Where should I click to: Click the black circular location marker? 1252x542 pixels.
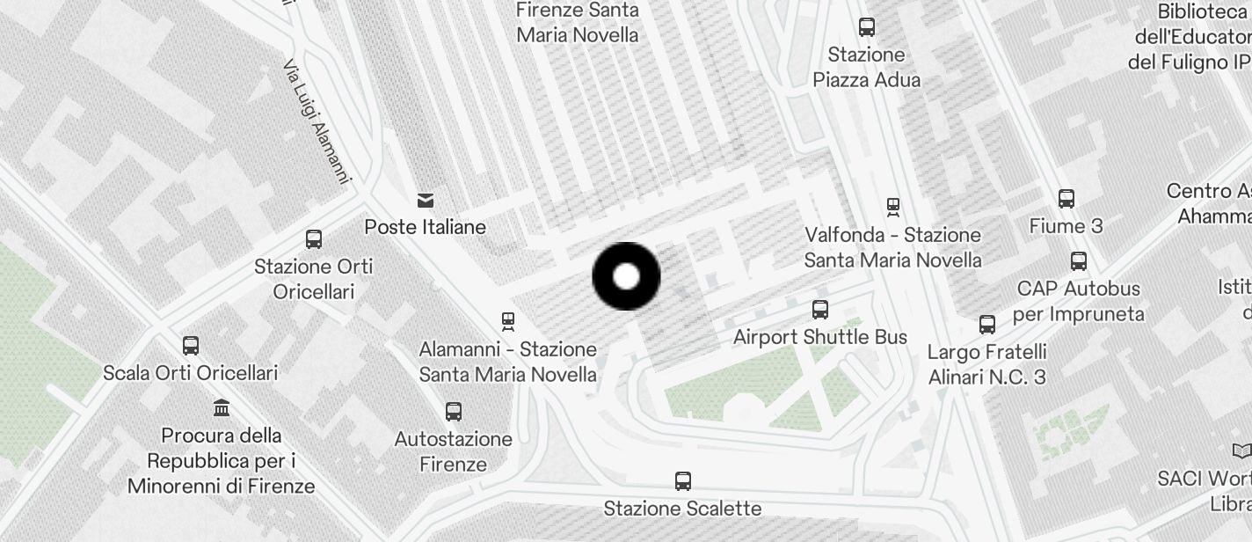tap(626, 276)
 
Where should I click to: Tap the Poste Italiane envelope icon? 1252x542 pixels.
tap(426, 201)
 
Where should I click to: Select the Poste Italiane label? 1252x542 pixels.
tap(426, 227)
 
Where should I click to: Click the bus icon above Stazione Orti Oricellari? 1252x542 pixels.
tap(314, 239)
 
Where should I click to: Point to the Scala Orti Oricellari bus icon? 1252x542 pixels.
tap(191, 346)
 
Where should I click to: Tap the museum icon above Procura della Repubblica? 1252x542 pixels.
tap(222, 408)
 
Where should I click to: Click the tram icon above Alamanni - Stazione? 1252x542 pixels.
tap(507, 322)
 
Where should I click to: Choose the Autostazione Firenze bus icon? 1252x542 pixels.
tap(454, 412)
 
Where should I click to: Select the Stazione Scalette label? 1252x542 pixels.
tap(682, 509)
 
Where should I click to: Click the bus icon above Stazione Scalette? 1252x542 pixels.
tap(683, 481)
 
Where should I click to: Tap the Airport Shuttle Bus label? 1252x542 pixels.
tap(820, 337)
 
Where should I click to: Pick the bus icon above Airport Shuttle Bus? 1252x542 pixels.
tap(820, 310)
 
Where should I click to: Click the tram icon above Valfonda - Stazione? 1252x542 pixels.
tap(893, 208)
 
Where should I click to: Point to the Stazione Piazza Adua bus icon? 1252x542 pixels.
tap(867, 27)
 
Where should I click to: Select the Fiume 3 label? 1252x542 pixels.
tap(1066, 226)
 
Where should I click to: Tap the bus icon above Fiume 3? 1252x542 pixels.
tap(1066, 199)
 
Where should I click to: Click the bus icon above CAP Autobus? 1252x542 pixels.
tap(1079, 261)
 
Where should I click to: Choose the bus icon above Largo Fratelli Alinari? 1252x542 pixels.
tap(987, 325)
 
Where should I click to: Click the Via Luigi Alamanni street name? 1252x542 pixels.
tap(317, 121)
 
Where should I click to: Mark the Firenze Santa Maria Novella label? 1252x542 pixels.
tap(578, 23)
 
